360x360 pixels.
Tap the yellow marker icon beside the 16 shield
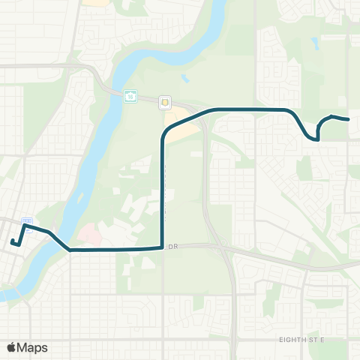coord(165,102)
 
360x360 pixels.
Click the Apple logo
coord(11,347)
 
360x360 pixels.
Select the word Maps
coord(32,347)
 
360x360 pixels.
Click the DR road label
coord(175,245)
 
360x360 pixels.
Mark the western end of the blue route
coord(12,241)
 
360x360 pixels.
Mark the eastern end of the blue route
coord(349,119)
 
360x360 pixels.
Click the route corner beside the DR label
coord(162,247)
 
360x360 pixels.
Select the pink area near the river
coord(88,235)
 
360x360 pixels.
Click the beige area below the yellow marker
coord(180,127)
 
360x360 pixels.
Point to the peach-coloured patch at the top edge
coord(95,2)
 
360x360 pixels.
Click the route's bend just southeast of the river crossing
coord(70,250)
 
